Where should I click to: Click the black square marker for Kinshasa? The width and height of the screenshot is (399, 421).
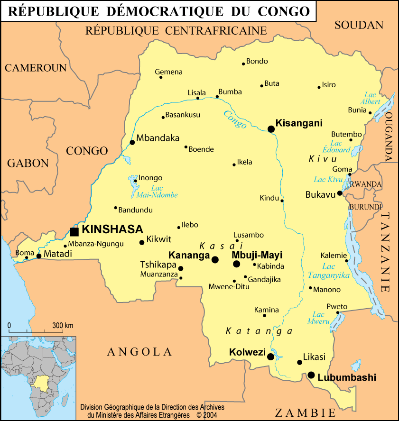click(x=74, y=231)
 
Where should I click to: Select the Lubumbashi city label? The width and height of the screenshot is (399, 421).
click(x=346, y=378)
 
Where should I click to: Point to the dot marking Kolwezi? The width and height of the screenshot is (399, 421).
click(x=270, y=357)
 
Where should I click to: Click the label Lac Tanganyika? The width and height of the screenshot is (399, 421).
click(x=329, y=271)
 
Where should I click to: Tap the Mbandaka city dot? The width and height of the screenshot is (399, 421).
click(x=132, y=142)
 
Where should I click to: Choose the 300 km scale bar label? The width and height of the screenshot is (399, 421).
click(x=63, y=325)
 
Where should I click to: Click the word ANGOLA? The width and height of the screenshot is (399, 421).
click(x=139, y=351)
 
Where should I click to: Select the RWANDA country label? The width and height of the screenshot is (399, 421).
click(x=366, y=184)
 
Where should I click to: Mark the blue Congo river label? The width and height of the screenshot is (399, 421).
click(x=235, y=119)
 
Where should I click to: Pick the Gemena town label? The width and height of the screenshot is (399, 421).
click(x=168, y=72)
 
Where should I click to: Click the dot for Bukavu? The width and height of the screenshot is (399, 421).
click(x=340, y=193)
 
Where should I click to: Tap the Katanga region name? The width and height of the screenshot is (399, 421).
click(x=259, y=331)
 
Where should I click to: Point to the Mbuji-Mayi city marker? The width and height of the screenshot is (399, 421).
click(x=236, y=264)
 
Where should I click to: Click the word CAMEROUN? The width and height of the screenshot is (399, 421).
click(x=36, y=68)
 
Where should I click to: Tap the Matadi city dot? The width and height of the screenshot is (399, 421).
click(x=39, y=256)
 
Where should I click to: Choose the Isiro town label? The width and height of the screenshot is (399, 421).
click(x=329, y=85)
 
